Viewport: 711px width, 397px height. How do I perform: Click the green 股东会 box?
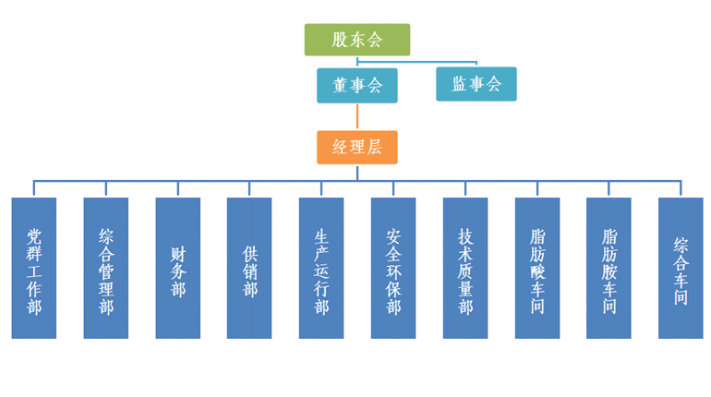[357, 40]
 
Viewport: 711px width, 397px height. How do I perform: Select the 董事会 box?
[357, 85]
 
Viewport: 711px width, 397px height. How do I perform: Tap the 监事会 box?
[476, 85]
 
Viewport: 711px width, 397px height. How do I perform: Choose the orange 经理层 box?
[357, 148]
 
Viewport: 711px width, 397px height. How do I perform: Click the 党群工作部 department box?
[34, 268]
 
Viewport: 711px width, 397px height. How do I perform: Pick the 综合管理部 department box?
[106, 268]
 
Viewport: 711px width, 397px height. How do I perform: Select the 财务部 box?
[178, 268]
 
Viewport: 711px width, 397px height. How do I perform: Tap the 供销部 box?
[249, 268]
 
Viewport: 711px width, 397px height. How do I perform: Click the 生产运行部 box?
[321, 268]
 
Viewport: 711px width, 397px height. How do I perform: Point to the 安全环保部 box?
[393, 268]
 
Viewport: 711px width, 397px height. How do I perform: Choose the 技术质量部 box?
[465, 268]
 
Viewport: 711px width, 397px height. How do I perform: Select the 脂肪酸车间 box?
[537, 268]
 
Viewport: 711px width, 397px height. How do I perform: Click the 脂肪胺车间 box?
[609, 268]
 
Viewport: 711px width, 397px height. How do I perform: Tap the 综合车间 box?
[681, 268]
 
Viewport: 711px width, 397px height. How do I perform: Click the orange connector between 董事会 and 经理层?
[357, 116]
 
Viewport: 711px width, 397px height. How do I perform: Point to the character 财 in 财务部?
[178, 251]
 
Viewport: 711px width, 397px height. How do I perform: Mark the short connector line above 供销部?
[249, 188]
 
